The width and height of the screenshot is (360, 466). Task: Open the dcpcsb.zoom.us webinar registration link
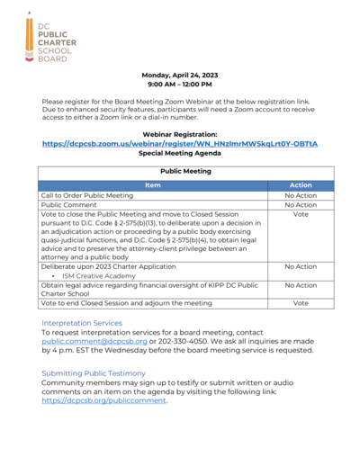coord(180,144)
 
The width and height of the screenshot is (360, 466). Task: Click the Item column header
coord(153,184)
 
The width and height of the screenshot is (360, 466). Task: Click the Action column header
coord(301,184)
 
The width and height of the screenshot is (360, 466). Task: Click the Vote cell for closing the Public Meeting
coord(301,215)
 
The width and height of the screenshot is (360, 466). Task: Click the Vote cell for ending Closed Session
coord(301,303)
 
